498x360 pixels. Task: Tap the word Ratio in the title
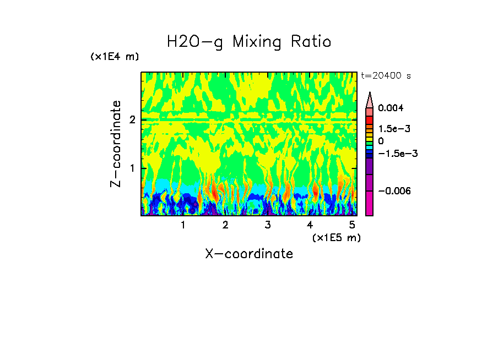[312, 42]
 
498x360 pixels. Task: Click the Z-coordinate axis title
[116, 144]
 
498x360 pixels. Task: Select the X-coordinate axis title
[249, 254]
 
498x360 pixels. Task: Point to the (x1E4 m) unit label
[115, 57]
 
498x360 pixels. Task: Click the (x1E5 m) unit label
[337, 237]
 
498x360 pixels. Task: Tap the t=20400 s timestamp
[386, 75]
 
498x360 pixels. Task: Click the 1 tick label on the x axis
[183, 225]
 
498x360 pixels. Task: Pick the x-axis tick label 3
[268, 225]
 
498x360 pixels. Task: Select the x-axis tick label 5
[352, 225]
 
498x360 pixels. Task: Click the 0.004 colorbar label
[391, 108]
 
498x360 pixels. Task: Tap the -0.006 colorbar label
[392, 190]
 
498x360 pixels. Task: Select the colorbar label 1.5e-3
[391, 128]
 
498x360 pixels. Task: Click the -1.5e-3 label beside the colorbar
[394, 153]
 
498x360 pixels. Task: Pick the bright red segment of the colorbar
[370, 119]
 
